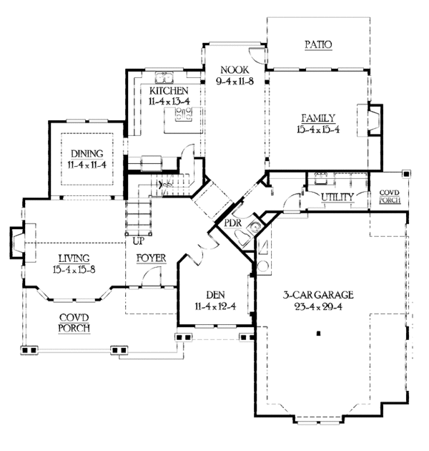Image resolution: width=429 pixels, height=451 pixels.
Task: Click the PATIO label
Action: pyautogui.click(x=318, y=44)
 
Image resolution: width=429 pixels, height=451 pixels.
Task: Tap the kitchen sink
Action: pyautogui.click(x=164, y=77)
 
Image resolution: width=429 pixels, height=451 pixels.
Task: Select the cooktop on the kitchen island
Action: pyautogui.click(x=184, y=114)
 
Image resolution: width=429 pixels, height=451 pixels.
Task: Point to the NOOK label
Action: pyautogui.click(x=235, y=70)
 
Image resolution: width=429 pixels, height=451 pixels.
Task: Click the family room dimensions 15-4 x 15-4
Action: pyautogui.click(x=318, y=130)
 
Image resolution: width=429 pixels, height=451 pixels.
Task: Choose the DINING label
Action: pyautogui.click(x=87, y=154)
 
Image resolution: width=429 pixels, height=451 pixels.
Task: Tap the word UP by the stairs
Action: pyautogui.click(x=139, y=241)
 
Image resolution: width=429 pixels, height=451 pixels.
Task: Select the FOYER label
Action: pyautogui.click(x=151, y=258)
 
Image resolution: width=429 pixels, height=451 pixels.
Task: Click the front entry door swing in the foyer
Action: pyautogui.click(x=152, y=276)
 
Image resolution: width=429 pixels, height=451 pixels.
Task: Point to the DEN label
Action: pyautogui.click(x=216, y=295)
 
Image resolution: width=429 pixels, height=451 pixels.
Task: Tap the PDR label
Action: pyautogui.click(x=233, y=223)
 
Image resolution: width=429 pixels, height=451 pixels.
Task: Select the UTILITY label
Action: pyautogui.click(x=337, y=197)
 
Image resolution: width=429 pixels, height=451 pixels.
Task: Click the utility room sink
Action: pyautogui.click(x=321, y=178)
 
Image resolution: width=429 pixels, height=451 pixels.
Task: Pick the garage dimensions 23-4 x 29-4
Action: pyautogui.click(x=318, y=307)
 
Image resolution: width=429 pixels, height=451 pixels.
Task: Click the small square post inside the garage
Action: pyautogui.click(x=318, y=334)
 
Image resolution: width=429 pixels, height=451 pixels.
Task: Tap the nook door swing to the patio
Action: pyautogui.click(x=256, y=54)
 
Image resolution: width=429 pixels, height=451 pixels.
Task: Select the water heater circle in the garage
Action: pyautogui.click(x=263, y=266)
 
